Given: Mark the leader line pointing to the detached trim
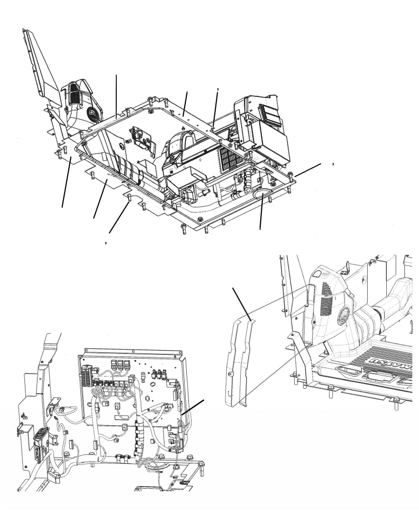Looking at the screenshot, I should [x=242, y=301].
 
